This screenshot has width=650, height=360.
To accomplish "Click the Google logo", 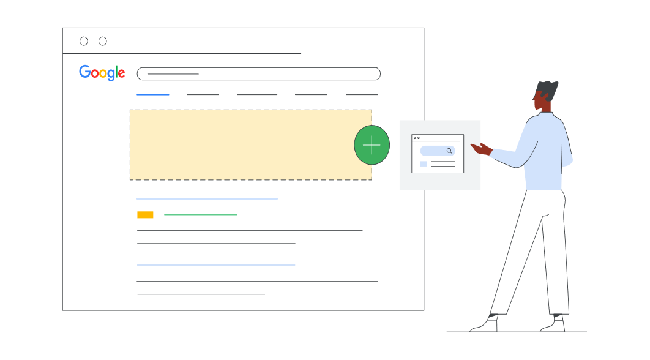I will [x=102, y=73].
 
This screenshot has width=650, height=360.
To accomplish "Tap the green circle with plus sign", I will [x=372, y=145].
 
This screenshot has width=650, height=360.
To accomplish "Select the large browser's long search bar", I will [x=258, y=73].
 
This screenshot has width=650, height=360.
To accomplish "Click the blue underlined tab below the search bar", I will [x=152, y=94].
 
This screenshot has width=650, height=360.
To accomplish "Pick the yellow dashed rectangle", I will [x=245, y=144].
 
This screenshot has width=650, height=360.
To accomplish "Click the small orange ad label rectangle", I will [x=145, y=215].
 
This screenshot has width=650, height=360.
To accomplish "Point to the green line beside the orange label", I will [x=200, y=215].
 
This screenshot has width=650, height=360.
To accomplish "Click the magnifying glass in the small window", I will [x=449, y=151].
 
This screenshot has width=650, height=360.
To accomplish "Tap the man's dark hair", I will [x=547, y=91].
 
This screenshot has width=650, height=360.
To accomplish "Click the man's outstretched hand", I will [x=482, y=148].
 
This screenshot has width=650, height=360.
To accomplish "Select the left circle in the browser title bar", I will [x=84, y=41].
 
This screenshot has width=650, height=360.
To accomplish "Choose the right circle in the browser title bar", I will [x=103, y=41].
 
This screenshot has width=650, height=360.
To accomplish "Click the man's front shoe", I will [x=485, y=326].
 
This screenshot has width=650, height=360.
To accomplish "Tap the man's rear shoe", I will [x=553, y=326].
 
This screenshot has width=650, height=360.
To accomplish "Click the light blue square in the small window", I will [x=424, y=164].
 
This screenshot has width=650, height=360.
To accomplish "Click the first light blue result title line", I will [x=207, y=198].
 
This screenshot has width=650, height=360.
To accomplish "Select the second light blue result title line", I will [x=215, y=265].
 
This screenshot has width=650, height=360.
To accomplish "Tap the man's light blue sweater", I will [x=545, y=153].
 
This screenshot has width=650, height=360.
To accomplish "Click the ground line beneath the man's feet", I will [x=517, y=333].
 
